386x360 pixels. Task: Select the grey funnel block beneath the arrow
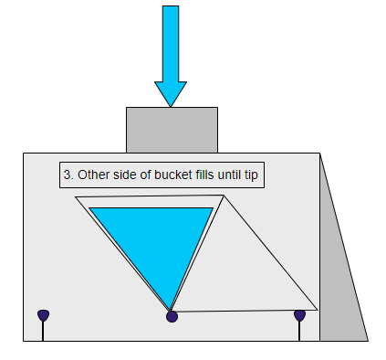[x=172, y=130]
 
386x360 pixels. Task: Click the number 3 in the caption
[x=67, y=175]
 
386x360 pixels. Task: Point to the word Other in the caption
[x=92, y=175]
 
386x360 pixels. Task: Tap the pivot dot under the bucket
[x=172, y=316]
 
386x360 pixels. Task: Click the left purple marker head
[x=43, y=315]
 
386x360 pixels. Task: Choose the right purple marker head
[x=299, y=315]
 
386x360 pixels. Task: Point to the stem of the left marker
[x=43, y=331]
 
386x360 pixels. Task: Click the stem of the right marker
[x=299, y=331]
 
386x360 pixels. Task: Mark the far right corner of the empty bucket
[x=316, y=308]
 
